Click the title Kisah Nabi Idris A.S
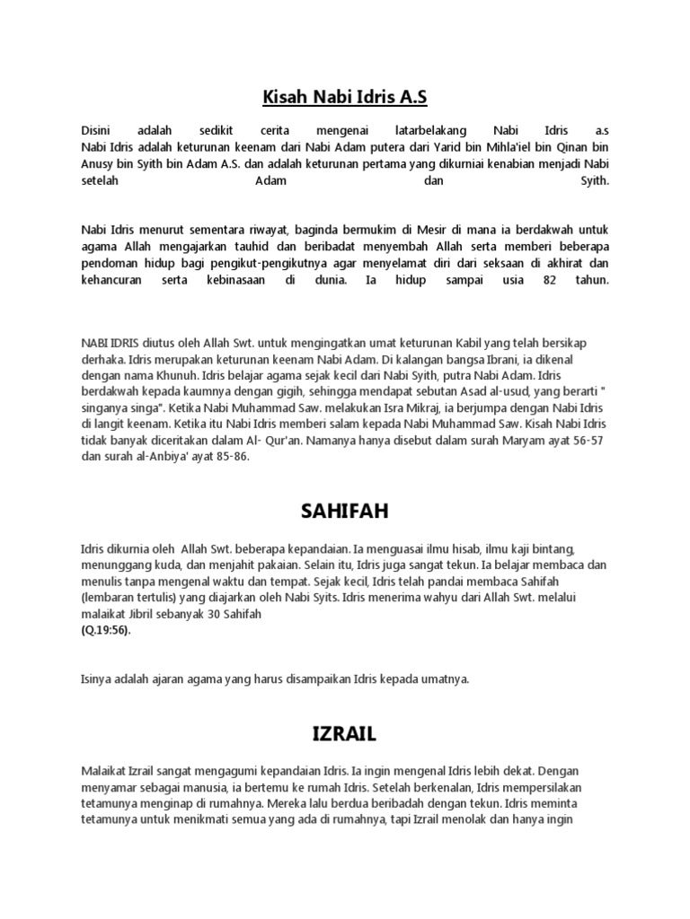(344, 96)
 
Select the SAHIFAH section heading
(344, 512)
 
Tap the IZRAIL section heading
(344, 734)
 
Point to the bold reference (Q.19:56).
(105, 630)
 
